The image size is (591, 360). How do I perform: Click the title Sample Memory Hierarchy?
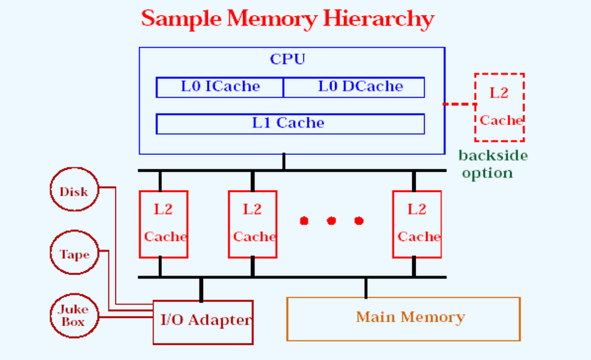pyautogui.click(x=287, y=18)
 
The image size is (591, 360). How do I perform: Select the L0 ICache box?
pyautogui.click(x=220, y=87)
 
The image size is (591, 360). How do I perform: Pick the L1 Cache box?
pyautogui.click(x=290, y=123)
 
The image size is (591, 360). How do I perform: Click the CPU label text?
pyautogui.click(x=287, y=59)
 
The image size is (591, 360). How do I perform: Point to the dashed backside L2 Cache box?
pyautogui.click(x=500, y=107)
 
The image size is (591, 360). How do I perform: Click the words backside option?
pyautogui.click(x=492, y=165)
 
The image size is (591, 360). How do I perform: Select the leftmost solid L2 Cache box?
pyautogui.click(x=163, y=224)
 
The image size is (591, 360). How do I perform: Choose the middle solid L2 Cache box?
pyautogui.click(x=252, y=224)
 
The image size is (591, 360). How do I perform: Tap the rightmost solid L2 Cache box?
pyautogui.click(x=417, y=224)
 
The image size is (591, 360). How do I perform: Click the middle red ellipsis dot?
pyautogui.click(x=331, y=221)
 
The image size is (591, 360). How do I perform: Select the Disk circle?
pyautogui.click(x=74, y=191)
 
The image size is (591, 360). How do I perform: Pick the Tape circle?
pyautogui.click(x=74, y=255)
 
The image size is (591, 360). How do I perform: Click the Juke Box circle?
pyautogui.click(x=73, y=318)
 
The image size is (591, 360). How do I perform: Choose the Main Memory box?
pyautogui.click(x=404, y=319)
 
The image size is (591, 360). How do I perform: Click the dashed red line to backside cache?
pyautogui.click(x=459, y=104)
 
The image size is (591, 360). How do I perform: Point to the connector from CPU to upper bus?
pyautogui.click(x=283, y=162)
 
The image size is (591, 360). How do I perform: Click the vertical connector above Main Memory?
pyautogui.click(x=366, y=287)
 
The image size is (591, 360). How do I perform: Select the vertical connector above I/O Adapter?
pyautogui.click(x=201, y=289)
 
